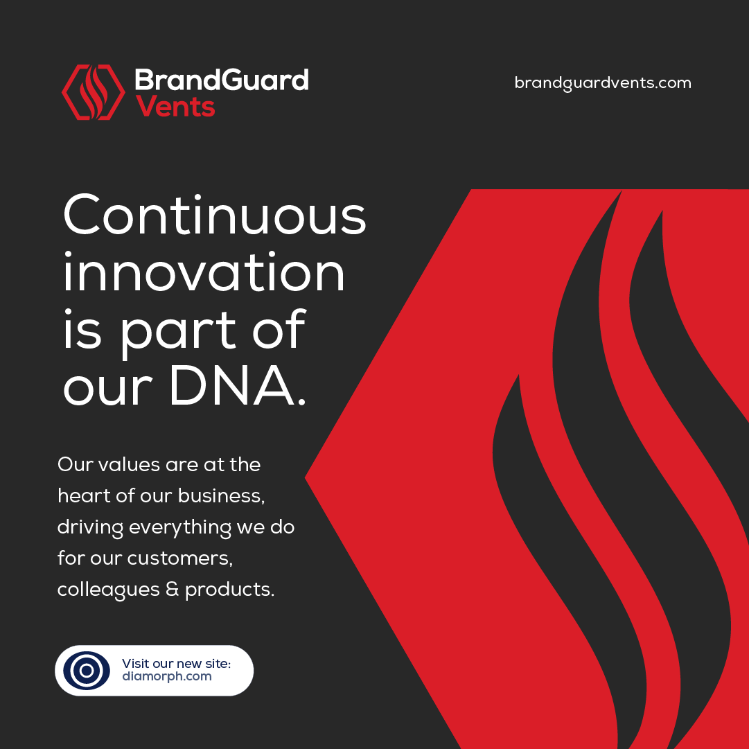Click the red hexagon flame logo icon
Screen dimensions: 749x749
click(x=93, y=91)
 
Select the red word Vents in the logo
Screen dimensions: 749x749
click(x=175, y=107)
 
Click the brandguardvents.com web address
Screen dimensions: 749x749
click(x=603, y=83)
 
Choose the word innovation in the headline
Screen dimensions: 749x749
click(x=204, y=272)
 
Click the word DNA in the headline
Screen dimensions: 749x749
click(x=232, y=385)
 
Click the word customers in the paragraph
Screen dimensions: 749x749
click(x=179, y=558)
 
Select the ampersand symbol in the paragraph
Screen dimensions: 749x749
click(x=172, y=589)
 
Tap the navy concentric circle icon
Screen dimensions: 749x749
click(x=87, y=671)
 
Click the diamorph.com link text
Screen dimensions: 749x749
click(x=167, y=677)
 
